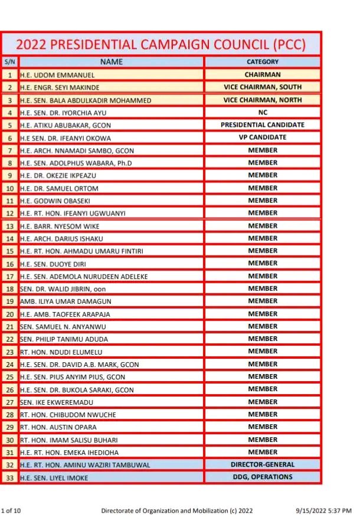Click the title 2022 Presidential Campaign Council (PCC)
point(161,44)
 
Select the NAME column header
point(111,61)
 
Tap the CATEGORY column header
point(263,61)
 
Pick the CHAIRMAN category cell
point(263,75)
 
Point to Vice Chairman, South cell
point(263,87)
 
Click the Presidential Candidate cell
point(263,125)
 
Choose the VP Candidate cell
point(263,137)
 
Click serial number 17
point(9,276)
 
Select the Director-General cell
point(263,464)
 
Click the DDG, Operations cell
point(263,477)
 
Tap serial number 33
point(9,477)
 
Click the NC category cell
point(263,112)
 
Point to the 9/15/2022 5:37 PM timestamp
point(324,510)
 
